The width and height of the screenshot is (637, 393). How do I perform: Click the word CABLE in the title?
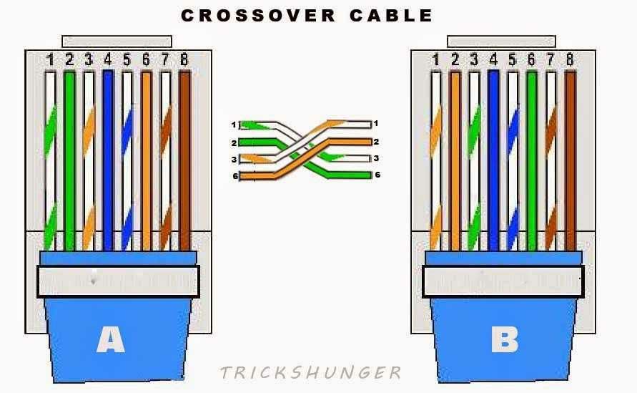(x=391, y=15)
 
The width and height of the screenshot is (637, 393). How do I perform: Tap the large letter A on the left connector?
(x=110, y=340)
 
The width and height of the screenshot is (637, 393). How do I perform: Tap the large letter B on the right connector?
(x=504, y=340)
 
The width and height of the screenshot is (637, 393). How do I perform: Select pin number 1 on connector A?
(x=50, y=60)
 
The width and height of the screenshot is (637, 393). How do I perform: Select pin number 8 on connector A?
(x=184, y=60)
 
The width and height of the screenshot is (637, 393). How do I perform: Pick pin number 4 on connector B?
(x=493, y=60)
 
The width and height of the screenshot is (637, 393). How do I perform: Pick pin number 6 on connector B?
(x=531, y=60)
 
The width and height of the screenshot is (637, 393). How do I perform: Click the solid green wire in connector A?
(x=69, y=157)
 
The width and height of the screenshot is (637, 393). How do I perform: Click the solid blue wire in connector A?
(x=108, y=157)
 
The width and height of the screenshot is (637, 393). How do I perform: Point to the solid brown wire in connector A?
(x=184, y=157)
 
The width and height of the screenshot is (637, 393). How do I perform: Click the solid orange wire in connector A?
(x=146, y=157)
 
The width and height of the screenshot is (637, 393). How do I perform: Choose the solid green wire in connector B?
(x=531, y=157)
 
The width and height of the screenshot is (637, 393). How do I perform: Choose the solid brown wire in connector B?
(x=570, y=157)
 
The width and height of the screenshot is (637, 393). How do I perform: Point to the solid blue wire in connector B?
(x=493, y=157)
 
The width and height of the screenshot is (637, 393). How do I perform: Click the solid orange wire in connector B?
(x=455, y=157)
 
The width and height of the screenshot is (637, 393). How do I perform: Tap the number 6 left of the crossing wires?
(x=234, y=175)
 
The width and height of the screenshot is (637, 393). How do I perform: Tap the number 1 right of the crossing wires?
(x=376, y=125)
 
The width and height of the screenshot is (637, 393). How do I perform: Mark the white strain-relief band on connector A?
(x=118, y=281)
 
